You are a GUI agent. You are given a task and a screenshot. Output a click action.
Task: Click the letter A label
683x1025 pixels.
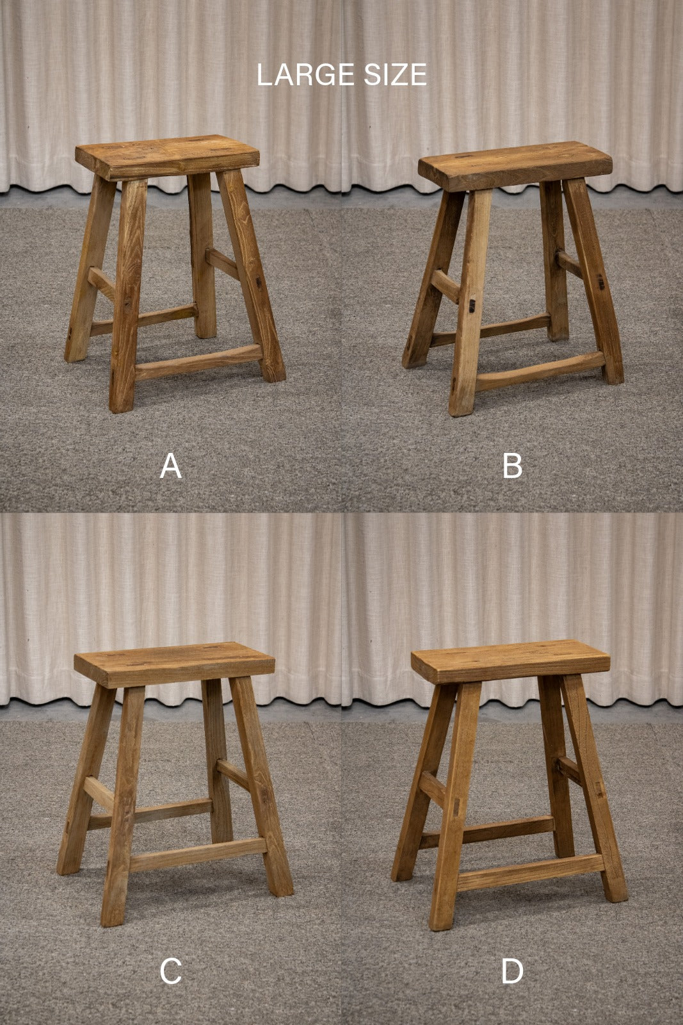pos(170,466)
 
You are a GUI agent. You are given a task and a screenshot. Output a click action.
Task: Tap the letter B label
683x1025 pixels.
pos(512,466)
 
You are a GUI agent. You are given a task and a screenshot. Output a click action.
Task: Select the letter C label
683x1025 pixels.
pos(170,971)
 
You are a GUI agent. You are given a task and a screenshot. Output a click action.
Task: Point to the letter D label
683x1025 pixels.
pos(512,971)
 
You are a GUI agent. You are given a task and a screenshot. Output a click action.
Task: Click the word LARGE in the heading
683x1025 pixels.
pos(306,75)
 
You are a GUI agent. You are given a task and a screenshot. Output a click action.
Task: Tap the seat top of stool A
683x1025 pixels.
pos(167,151)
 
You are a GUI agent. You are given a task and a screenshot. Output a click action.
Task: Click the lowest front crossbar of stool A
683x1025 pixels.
pos(199,363)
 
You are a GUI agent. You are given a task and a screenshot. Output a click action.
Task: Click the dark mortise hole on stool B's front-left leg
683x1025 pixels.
pos(470,306)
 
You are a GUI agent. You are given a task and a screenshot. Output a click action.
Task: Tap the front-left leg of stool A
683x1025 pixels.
pos(128,295)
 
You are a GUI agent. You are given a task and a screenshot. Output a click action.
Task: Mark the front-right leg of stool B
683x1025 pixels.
pos(593,280)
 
